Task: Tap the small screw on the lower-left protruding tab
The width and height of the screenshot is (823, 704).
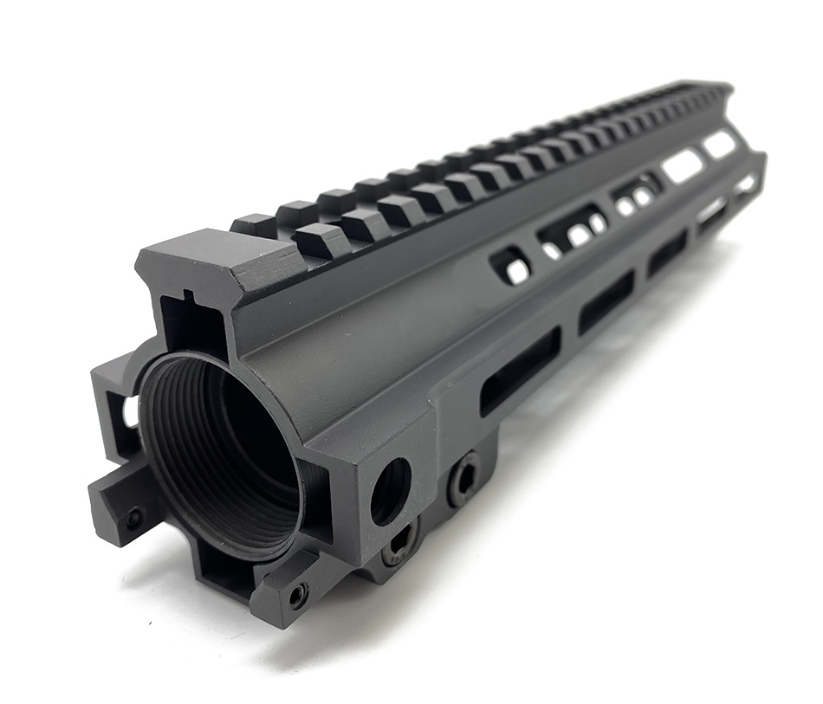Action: click(133, 520)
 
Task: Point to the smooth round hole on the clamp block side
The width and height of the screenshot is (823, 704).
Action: click(391, 491)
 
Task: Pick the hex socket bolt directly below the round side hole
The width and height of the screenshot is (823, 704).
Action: click(400, 545)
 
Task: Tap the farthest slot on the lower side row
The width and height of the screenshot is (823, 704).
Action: click(746, 184)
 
